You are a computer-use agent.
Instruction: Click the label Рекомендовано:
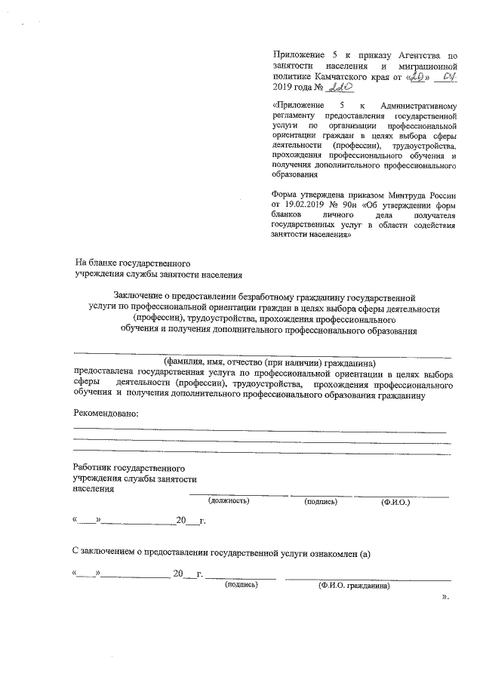106,412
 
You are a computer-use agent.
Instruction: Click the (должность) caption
229,500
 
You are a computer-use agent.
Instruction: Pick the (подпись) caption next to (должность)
320,500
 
